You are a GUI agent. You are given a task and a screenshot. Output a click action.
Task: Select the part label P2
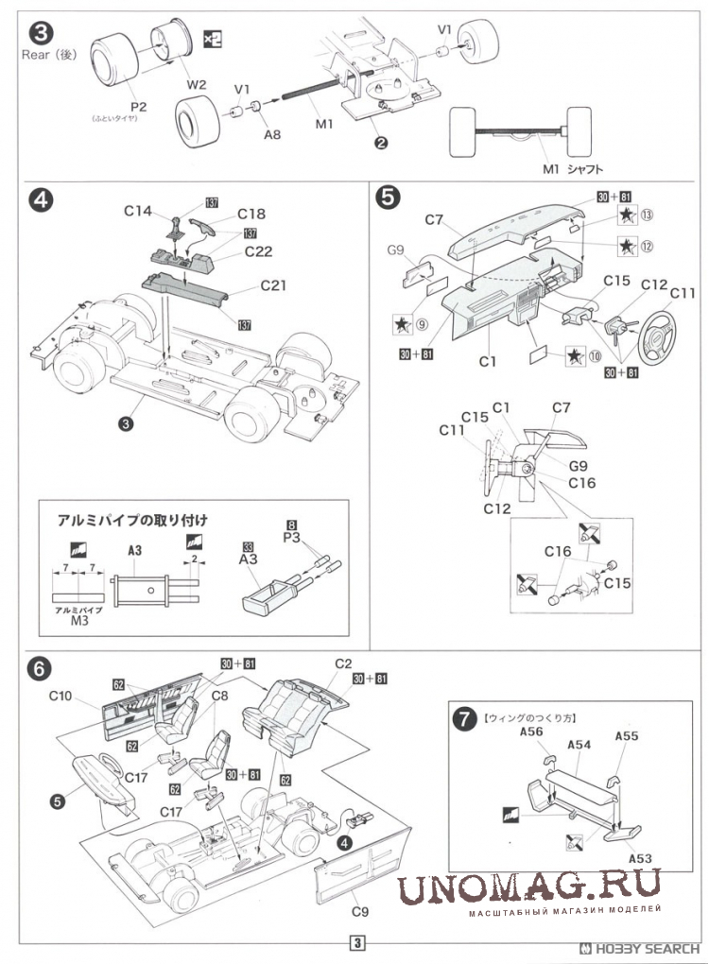[138, 106]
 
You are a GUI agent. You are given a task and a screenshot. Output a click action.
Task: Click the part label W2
[196, 84]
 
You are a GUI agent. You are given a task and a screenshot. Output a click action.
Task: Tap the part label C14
[138, 212]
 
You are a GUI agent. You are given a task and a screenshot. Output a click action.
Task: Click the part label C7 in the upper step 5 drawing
[434, 220]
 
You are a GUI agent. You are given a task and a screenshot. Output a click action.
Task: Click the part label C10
[61, 697]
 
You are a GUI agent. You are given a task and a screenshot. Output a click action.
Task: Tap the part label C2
[342, 663]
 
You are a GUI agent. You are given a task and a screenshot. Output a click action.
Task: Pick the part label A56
[530, 732]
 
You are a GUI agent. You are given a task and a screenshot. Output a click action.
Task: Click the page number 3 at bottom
[356, 942]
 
